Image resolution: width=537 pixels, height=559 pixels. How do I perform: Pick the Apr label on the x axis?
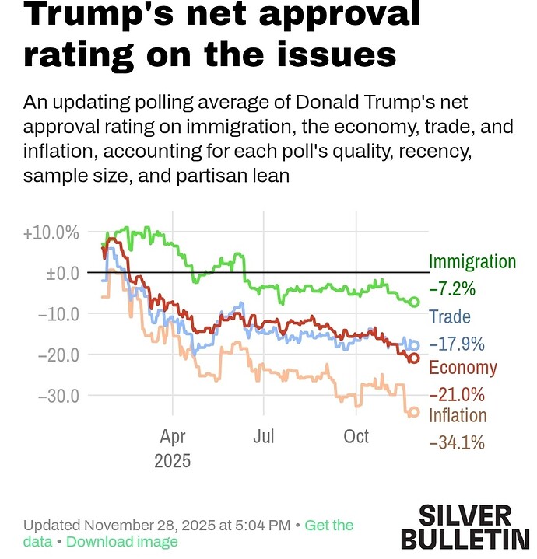pyautogui.click(x=173, y=436)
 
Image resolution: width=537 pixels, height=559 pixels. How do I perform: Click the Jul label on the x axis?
pyautogui.click(x=265, y=436)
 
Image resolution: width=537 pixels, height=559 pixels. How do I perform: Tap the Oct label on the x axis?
pyautogui.click(x=356, y=436)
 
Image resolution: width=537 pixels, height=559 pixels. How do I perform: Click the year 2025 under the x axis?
pyautogui.click(x=173, y=460)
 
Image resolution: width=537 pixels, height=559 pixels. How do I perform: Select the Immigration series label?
pyautogui.click(x=472, y=262)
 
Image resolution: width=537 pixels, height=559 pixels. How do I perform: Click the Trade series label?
pyautogui.click(x=450, y=316)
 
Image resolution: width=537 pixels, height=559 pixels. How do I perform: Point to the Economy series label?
pyautogui.click(x=463, y=368)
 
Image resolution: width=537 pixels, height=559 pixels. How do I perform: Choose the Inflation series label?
pyautogui.click(x=458, y=416)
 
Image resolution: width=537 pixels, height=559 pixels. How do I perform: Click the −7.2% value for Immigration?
pyautogui.click(x=452, y=289)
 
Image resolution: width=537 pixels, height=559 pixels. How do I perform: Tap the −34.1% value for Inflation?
pyautogui.click(x=457, y=443)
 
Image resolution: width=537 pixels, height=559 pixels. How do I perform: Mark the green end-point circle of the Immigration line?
pyautogui.click(x=415, y=302)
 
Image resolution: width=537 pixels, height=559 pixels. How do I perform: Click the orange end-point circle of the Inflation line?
pyautogui.click(x=415, y=412)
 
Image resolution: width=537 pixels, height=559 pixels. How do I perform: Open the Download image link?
pyautogui.click(x=122, y=542)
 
